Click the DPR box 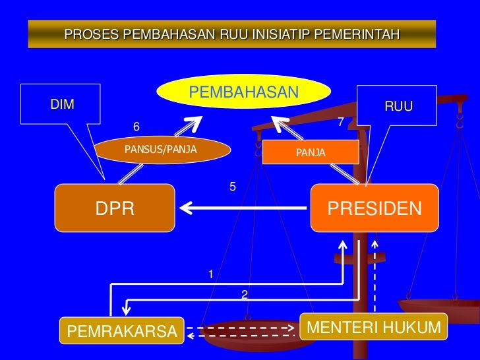pyautogui.click(x=115, y=208)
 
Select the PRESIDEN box pyautogui.click(x=374, y=208)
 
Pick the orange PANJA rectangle pyautogui.click(x=310, y=153)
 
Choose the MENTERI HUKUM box pyautogui.click(x=373, y=328)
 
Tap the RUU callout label pyautogui.click(x=398, y=106)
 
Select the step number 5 pyautogui.click(x=232, y=187)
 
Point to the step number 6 pyautogui.click(x=137, y=126)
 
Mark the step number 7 pyautogui.click(x=341, y=122)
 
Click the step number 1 pyautogui.click(x=211, y=274)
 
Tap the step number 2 pyautogui.click(x=244, y=294)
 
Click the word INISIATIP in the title pyautogui.click(x=278, y=34)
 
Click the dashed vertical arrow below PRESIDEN pyautogui.click(x=375, y=277)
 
